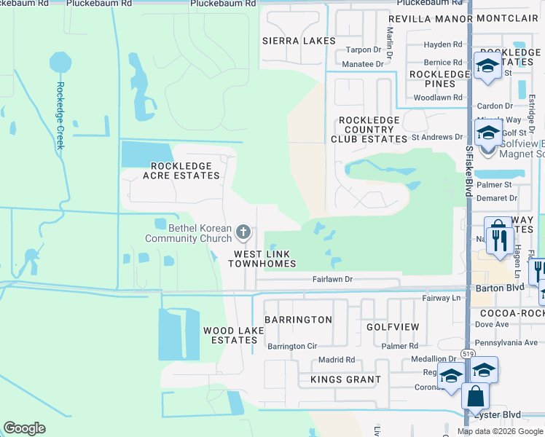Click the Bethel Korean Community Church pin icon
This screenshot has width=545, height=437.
(x=243, y=233)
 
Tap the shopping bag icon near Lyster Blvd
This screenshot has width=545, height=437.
(x=475, y=397)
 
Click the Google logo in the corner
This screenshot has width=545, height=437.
(x=24, y=428)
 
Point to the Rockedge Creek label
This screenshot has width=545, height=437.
(x=60, y=116)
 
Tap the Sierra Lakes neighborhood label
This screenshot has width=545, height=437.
(x=299, y=41)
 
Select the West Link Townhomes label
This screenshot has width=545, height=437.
(x=262, y=259)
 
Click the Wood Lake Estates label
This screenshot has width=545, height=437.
(x=230, y=335)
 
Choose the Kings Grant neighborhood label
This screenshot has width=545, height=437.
(x=345, y=379)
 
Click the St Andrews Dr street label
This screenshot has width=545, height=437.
(x=437, y=136)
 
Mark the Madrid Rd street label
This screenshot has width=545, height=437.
(x=336, y=360)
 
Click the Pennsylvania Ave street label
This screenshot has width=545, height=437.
(x=506, y=342)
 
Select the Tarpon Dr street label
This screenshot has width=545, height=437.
(x=364, y=50)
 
